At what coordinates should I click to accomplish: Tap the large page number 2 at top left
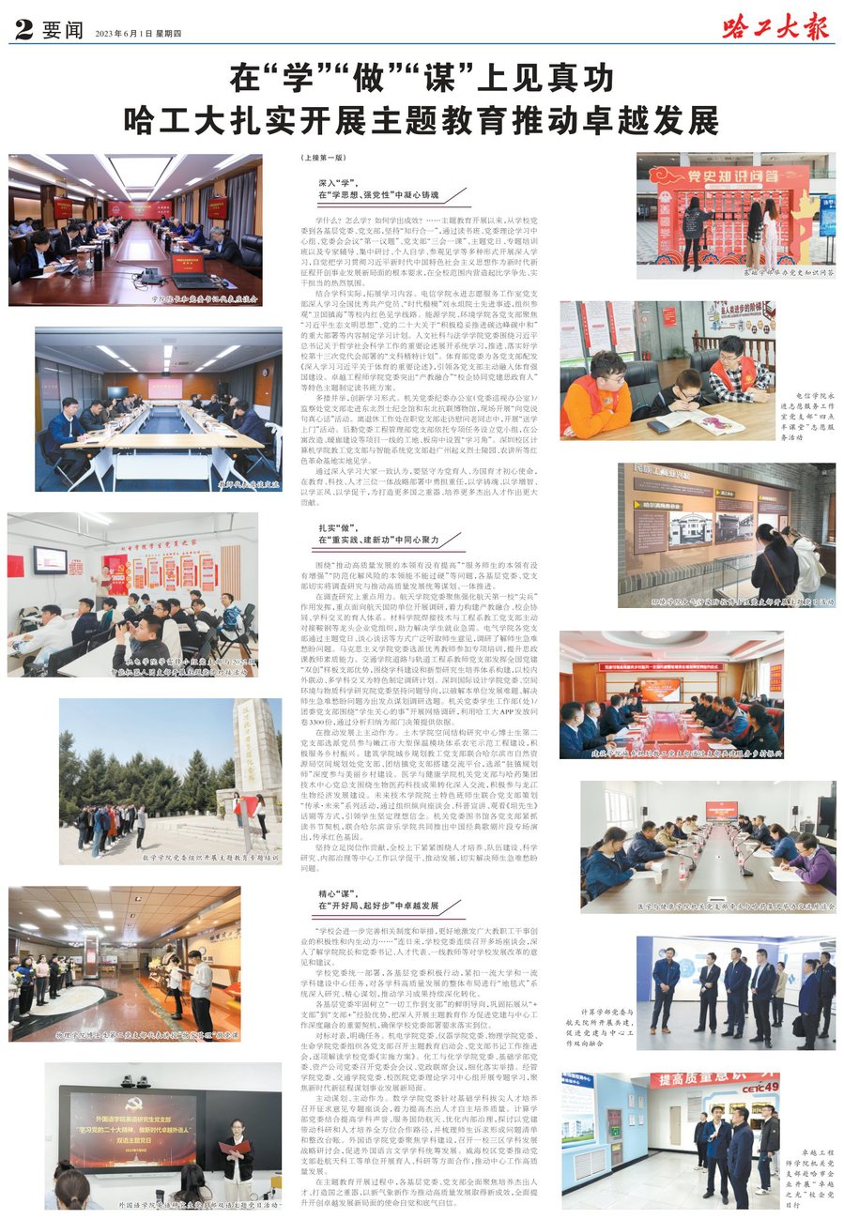coord(23,31)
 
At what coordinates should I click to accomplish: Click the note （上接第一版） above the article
coord(325,159)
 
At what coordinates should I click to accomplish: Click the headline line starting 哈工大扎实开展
coord(422,119)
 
